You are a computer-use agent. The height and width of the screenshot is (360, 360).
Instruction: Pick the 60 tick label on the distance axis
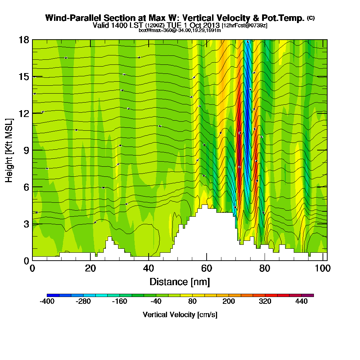[206, 269]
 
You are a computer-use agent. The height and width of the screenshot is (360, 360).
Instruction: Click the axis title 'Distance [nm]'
[180, 282]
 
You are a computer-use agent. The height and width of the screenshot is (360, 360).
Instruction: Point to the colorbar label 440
[301, 302]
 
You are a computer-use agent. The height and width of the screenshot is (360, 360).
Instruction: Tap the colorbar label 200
[229, 302]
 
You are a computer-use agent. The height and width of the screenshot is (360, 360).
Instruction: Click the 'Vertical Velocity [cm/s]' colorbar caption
[180, 315]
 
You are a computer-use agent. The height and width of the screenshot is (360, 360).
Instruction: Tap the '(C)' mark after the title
[311, 18]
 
